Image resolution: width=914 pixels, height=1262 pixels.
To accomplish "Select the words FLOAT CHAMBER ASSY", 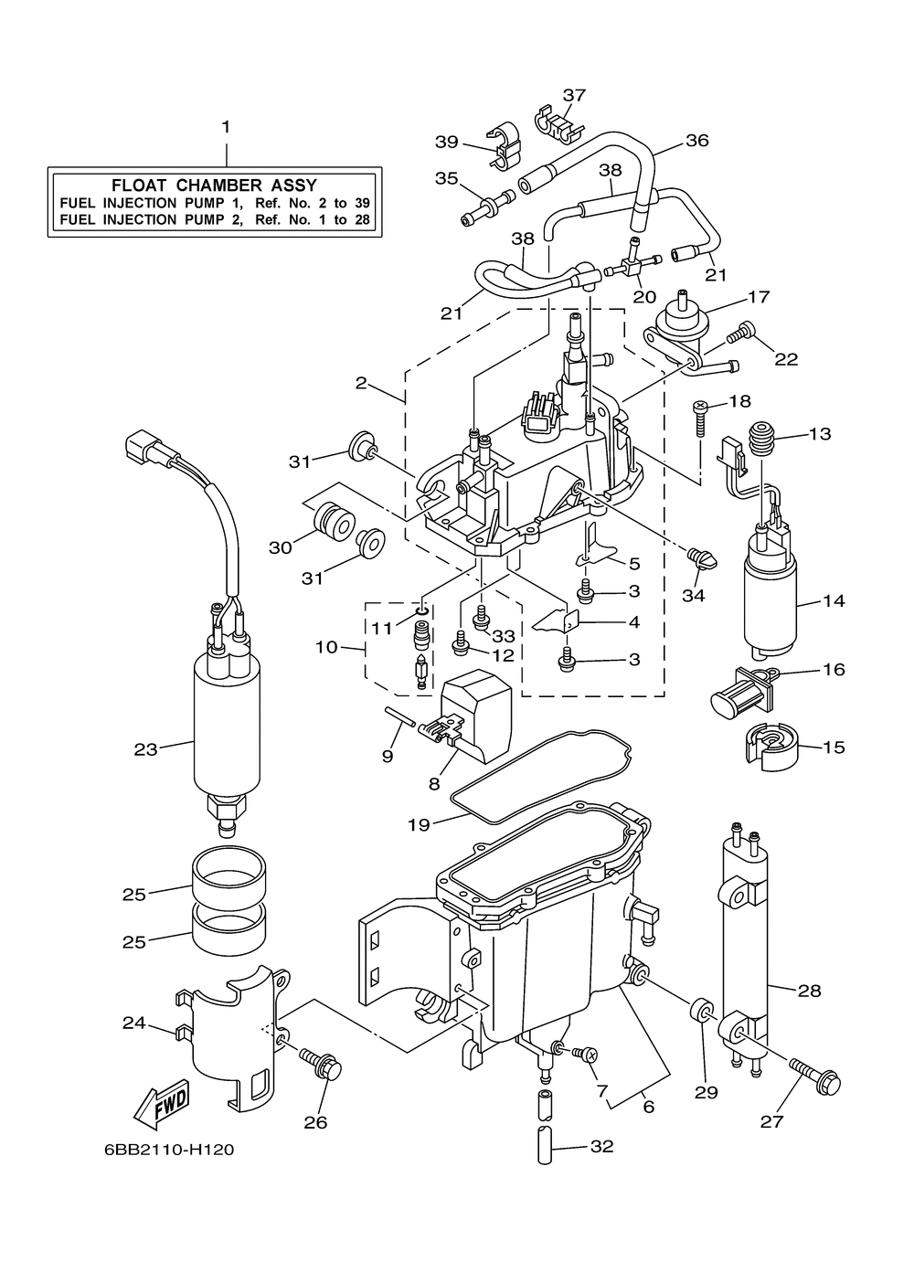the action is coord(214,185).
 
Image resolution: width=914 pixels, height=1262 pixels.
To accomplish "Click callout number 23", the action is coord(145,750).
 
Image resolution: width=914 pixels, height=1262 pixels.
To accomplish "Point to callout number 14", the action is coord(834,601).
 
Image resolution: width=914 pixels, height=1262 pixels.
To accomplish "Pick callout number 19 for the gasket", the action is coord(419,825).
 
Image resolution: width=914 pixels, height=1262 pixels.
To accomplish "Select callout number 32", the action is coord(601,1146).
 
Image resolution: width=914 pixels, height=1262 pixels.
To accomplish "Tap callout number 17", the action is coord(759,296).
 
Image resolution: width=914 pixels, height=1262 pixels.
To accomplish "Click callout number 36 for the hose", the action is coord(697,141).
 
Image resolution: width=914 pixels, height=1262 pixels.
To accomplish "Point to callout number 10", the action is coord(325,647).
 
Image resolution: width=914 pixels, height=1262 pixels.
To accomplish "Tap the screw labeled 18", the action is coord(700,419).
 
